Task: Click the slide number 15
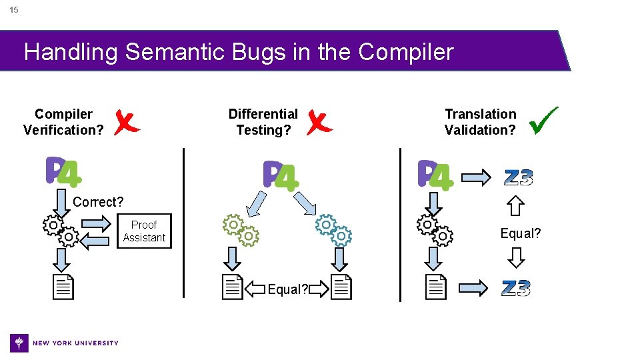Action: tap(14, 10)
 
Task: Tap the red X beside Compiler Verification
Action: tap(127, 122)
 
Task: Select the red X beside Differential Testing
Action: tap(319, 122)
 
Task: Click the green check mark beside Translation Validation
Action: tap(543, 120)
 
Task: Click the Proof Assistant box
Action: tap(144, 231)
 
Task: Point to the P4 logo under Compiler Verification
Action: tap(63, 172)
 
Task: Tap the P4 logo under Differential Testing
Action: tap(281, 175)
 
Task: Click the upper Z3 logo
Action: tap(518, 178)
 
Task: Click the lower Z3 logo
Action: tap(516, 288)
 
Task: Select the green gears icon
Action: tap(240, 229)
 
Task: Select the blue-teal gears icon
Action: tap(333, 229)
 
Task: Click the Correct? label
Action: tap(98, 202)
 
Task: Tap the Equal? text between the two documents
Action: tap(287, 289)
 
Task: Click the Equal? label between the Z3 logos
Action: tap(521, 233)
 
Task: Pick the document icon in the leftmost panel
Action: tap(63, 287)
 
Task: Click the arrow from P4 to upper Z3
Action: tap(476, 177)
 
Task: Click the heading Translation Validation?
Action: tap(480, 122)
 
